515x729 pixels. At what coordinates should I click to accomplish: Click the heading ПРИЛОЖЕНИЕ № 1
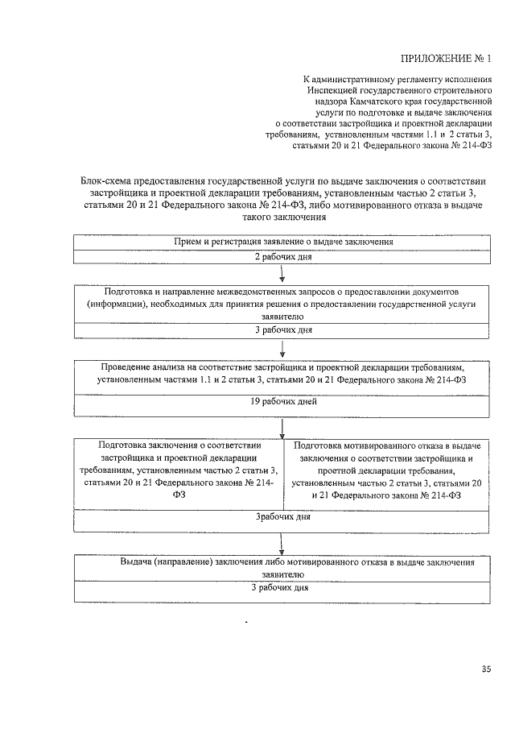pos(444,58)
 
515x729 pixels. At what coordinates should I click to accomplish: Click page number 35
pos(485,668)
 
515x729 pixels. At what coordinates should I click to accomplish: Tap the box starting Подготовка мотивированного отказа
pos(387,471)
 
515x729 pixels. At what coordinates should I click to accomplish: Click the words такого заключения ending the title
pos(282,217)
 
